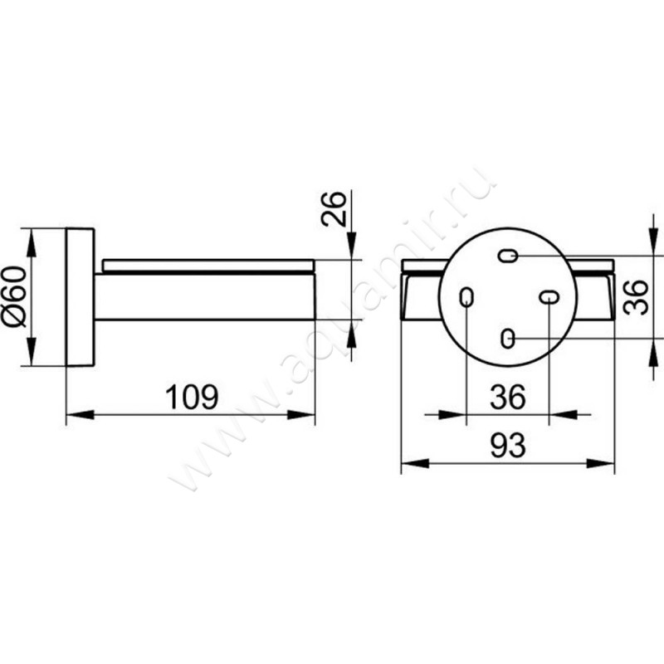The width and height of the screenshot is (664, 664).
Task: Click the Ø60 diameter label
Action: coord(15,296)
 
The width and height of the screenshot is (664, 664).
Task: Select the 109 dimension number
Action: coord(192,398)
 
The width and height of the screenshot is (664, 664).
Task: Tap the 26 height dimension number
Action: coord(334,209)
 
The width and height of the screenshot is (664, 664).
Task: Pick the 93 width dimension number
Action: coord(508,446)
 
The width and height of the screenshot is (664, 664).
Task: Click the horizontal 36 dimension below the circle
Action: coord(508,398)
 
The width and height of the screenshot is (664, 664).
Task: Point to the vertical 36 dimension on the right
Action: coord(636,297)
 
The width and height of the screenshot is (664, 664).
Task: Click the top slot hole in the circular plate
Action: coord(507,256)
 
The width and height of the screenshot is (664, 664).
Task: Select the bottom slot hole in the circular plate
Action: coord(507,339)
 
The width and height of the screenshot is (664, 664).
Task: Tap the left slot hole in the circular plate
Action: coord(466,297)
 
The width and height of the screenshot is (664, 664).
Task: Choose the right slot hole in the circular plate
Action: coord(549,297)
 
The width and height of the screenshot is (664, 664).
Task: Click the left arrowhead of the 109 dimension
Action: coord(81,414)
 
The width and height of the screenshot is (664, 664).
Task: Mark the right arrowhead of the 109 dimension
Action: coord(301,414)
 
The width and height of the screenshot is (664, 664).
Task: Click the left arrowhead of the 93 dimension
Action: coord(415,463)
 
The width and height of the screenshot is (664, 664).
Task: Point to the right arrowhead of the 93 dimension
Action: coord(600,463)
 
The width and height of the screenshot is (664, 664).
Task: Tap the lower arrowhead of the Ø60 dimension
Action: coord(32,351)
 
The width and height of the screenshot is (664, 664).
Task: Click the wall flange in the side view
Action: coord(81,297)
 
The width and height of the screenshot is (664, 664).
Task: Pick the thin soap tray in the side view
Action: coord(208,265)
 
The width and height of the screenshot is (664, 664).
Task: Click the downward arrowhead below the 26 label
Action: coord(351,246)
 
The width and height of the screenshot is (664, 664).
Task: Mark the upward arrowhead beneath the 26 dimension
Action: coord(351,334)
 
